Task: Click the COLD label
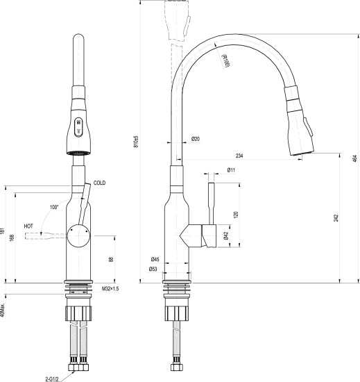tap(99, 183)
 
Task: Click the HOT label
tap(28, 226)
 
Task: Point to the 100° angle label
tap(55, 207)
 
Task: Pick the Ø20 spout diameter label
tap(196, 140)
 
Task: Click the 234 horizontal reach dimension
tap(239, 156)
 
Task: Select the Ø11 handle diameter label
tap(231, 170)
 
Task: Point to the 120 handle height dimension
tap(237, 215)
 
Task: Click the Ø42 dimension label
tap(227, 236)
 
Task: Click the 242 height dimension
tap(336, 218)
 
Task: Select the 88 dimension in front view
tap(112, 259)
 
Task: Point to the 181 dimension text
tap(3, 234)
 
